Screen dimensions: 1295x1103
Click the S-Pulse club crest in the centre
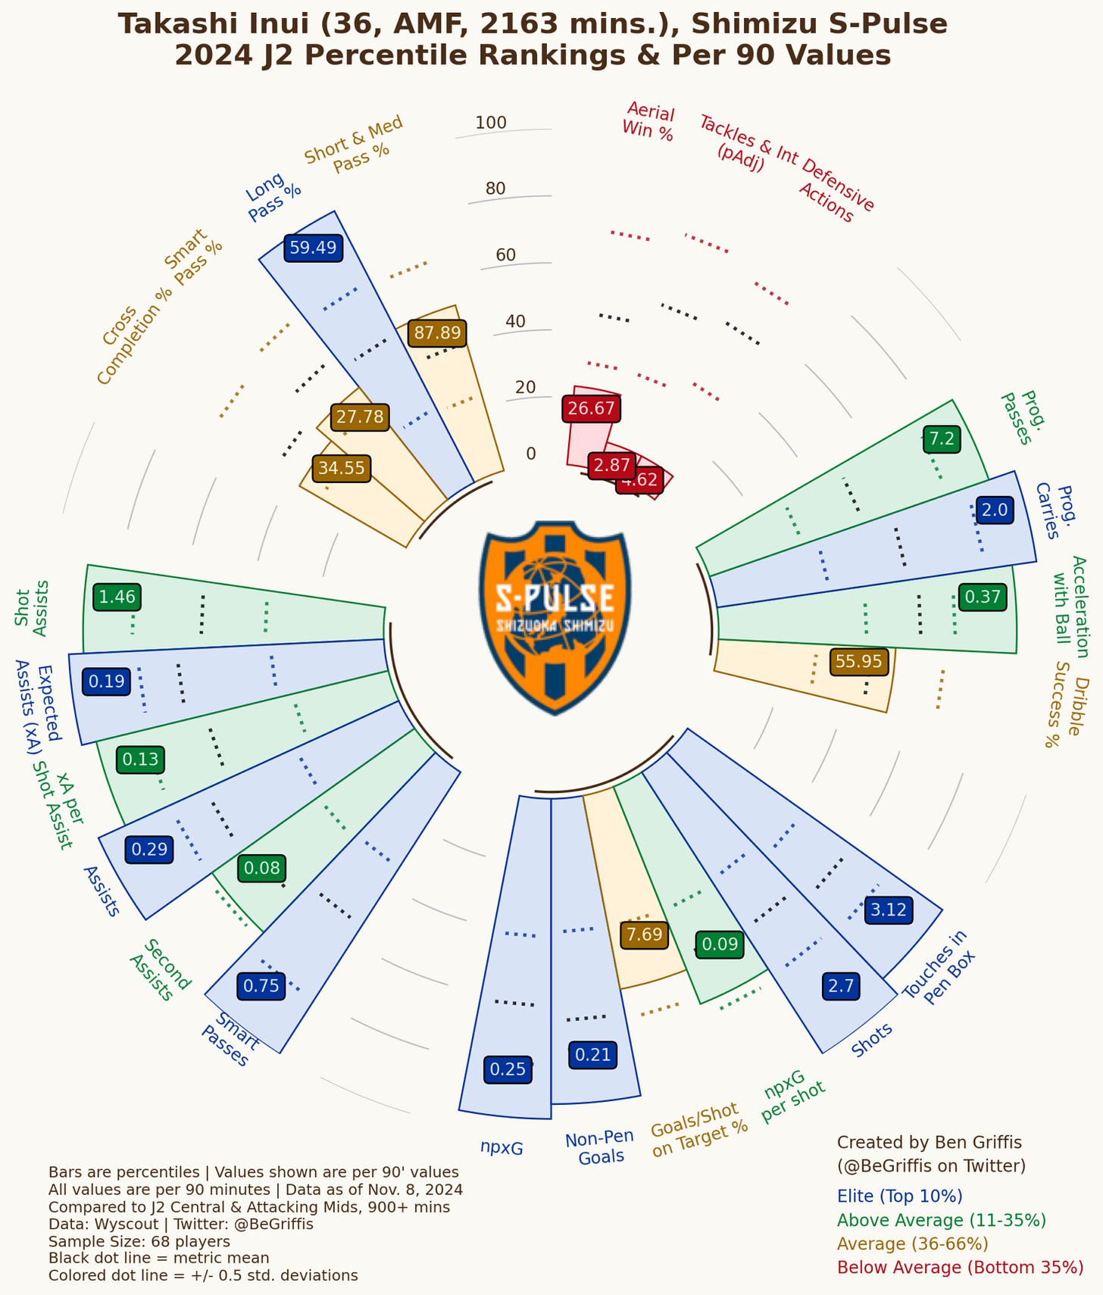(555, 617)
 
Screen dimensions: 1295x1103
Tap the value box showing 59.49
(314, 248)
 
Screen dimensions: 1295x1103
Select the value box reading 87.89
(436, 332)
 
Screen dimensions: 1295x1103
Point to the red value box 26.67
(592, 409)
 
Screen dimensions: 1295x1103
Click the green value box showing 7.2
(942, 438)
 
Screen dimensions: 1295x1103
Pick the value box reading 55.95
(859, 661)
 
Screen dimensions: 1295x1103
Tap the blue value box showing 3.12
(889, 910)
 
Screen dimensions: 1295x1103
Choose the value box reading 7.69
(645, 935)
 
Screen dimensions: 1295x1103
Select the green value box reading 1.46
(117, 597)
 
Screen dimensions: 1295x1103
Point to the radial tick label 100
(491, 123)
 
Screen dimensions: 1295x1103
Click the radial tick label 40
(515, 321)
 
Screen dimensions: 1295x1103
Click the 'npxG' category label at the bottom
(502, 1147)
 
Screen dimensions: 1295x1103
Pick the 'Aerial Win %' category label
(648, 121)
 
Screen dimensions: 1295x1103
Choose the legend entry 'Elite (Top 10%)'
(899, 1196)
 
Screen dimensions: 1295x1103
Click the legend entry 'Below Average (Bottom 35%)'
(960, 1267)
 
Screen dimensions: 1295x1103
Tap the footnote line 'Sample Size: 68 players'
(139, 1241)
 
